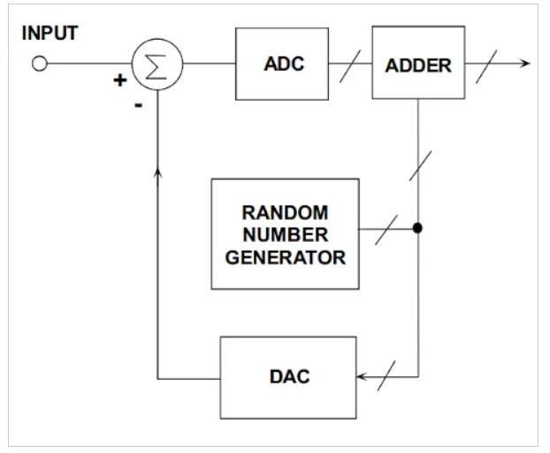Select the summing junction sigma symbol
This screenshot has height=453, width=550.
click(157, 64)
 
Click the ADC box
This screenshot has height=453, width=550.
click(282, 64)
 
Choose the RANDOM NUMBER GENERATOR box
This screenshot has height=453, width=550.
click(285, 233)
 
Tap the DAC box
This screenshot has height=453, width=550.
click(287, 377)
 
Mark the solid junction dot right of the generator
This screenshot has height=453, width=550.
click(417, 229)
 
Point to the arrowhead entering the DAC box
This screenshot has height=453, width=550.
click(362, 377)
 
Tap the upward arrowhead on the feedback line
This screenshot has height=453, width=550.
click(157, 170)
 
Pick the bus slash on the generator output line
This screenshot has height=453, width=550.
click(386, 229)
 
